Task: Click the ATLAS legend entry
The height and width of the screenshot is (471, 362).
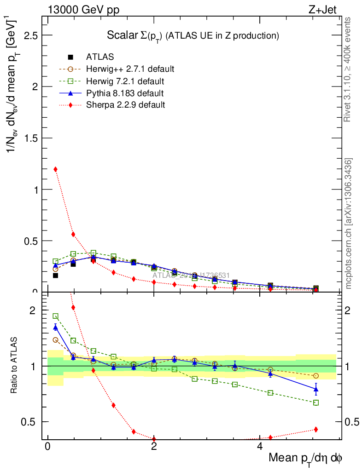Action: click(x=100, y=57)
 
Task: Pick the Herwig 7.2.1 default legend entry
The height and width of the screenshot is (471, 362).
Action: click(x=125, y=81)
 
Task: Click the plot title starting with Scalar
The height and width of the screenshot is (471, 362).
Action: click(x=193, y=35)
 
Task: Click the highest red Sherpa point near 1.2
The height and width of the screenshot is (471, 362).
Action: click(x=56, y=169)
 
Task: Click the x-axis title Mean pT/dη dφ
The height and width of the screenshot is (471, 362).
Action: click(x=305, y=459)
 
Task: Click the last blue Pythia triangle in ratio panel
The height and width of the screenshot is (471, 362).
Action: click(x=316, y=390)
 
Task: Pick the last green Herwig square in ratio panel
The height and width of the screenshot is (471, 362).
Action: click(x=316, y=402)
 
